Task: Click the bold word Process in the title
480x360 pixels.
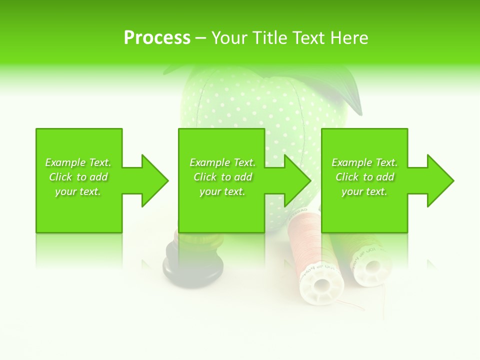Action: click(x=157, y=38)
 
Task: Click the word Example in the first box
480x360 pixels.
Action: click(x=65, y=162)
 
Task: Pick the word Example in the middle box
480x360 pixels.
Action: click(x=209, y=162)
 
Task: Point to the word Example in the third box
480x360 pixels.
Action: click(x=351, y=162)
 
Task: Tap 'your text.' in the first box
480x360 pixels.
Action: click(x=78, y=191)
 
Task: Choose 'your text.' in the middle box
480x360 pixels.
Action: click(x=222, y=191)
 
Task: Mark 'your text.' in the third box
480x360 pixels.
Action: click(x=364, y=191)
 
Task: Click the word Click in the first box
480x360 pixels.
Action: click(x=60, y=177)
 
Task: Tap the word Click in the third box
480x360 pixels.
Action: click(x=347, y=177)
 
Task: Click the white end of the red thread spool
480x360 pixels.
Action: click(x=321, y=284)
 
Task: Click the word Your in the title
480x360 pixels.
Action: click(x=229, y=38)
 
